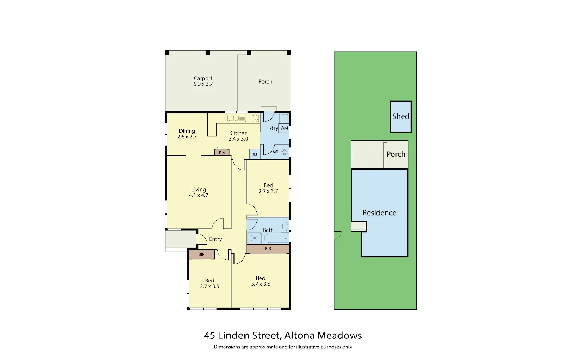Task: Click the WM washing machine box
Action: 284,128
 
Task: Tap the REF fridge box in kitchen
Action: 255,154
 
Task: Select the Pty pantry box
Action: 222,153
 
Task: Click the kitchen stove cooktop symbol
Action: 255,119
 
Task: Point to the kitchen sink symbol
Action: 237,118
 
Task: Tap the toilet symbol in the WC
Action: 285,152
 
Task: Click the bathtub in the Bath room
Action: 276,238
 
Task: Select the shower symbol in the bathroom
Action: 254,238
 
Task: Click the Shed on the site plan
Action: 401,116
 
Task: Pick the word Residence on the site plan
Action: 379,213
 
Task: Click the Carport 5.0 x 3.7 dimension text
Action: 203,84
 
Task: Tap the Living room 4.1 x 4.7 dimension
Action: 198,195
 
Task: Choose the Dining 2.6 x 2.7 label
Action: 187,134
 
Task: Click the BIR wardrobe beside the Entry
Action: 202,254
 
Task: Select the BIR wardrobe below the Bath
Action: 268,249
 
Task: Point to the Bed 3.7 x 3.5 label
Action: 260,281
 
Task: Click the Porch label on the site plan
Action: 396,154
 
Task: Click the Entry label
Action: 215,239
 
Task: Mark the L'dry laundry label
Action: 272,128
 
